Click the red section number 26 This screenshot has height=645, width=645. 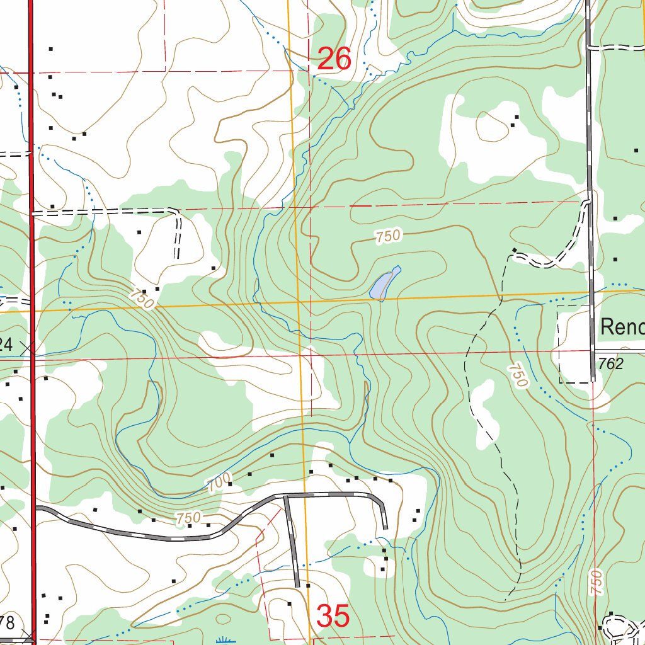tap(334, 59)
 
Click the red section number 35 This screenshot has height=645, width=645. tap(333, 616)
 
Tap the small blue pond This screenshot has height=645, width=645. tap(383, 285)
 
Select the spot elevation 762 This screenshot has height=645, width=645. tap(611, 364)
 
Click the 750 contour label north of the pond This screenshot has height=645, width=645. tap(388, 237)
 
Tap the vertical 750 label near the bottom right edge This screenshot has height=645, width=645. tap(596, 582)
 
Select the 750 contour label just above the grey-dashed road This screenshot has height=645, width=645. tap(188, 518)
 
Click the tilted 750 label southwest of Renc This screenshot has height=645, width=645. tap(518, 375)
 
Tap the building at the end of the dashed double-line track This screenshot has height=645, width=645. tap(515, 251)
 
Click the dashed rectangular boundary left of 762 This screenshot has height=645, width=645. tap(559, 343)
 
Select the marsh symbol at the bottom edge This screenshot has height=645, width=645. tap(223, 641)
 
